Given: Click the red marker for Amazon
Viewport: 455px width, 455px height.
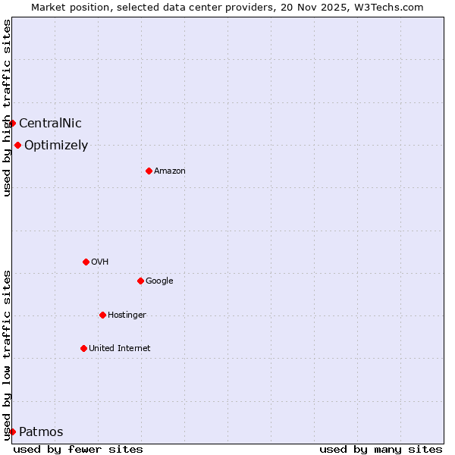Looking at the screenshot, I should point(149,171).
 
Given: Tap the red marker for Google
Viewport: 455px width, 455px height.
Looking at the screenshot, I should point(140,281).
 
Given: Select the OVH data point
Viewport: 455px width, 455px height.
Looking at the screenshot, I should point(86,262).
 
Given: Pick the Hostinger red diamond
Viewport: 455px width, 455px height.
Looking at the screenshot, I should point(102,315).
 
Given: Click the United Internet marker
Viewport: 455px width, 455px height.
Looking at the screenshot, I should point(83,348).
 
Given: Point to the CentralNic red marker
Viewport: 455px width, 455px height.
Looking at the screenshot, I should point(12,123).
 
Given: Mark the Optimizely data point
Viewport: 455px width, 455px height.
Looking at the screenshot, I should point(17,145).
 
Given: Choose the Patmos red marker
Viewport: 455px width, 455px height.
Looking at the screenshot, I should point(12,431).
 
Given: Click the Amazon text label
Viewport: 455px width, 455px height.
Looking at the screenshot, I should point(170,171).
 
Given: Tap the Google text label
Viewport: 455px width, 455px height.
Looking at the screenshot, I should point(159,281).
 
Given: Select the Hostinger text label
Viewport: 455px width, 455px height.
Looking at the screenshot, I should point(127,315).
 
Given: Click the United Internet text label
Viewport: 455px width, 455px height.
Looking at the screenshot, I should point(120,349).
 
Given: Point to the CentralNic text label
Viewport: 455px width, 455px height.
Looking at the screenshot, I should point(50,124).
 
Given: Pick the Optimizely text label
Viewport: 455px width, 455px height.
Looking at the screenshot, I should point(56,146).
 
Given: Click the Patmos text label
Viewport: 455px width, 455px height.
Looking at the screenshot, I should point(41,432).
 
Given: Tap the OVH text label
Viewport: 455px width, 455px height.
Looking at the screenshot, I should point(99,262).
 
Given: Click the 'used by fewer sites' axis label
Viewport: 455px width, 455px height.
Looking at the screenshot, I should point(78,449).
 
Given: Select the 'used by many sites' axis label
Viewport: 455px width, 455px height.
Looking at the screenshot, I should point(381,449).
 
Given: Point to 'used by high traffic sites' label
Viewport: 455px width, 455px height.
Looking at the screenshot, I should point(7,108).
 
